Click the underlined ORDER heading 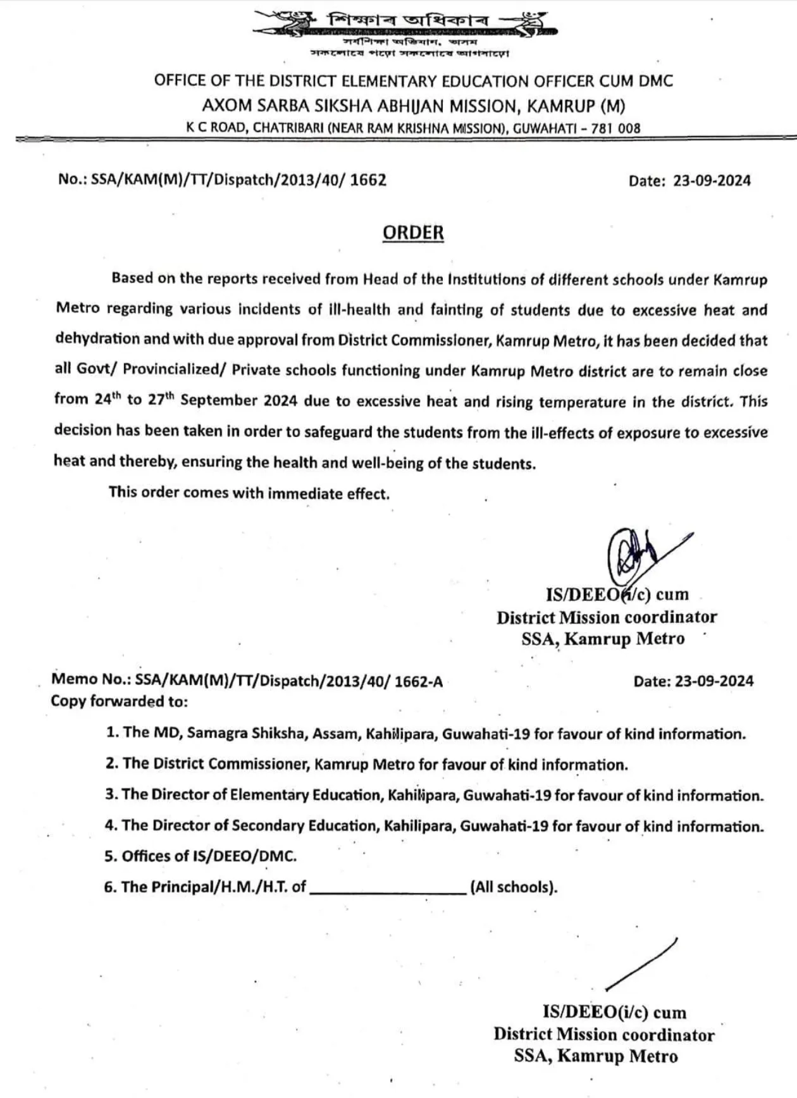point(413,233)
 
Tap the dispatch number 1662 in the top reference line point(368,180)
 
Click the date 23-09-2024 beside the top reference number point(712,181)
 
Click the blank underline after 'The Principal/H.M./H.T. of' point(388,888)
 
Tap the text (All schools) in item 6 point(514,887)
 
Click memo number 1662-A point(418,682)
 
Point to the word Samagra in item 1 point(217,734)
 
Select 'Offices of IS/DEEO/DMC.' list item point(201,856)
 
